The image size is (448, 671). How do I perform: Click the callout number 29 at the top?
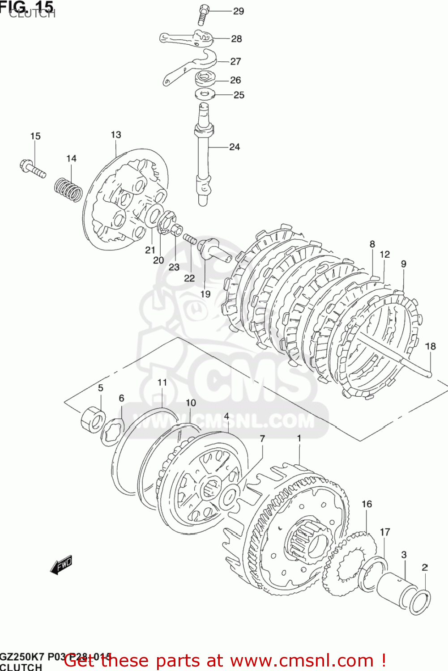[x=238, y=11]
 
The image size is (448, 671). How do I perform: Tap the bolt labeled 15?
[x=33, y=169]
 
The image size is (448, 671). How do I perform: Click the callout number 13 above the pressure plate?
[x=116, y=135]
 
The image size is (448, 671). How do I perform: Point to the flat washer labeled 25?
[x=205, y=94]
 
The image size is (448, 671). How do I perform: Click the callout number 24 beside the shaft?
[x=235, y=147]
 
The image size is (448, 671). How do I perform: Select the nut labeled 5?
[x=93, y=419]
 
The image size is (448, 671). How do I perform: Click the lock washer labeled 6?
[x=112, y=432]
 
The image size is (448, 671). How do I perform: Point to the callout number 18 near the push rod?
[x=430, y=346]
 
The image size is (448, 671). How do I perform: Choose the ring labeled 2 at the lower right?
[x=420, y=602]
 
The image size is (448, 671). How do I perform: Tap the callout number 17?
[x=385, y=532]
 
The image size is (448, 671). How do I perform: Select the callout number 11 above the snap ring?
[x=162, y=382]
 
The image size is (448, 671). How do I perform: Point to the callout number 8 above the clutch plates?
[x=372, y=244]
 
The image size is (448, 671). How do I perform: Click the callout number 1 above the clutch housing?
[x=299, y=438]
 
